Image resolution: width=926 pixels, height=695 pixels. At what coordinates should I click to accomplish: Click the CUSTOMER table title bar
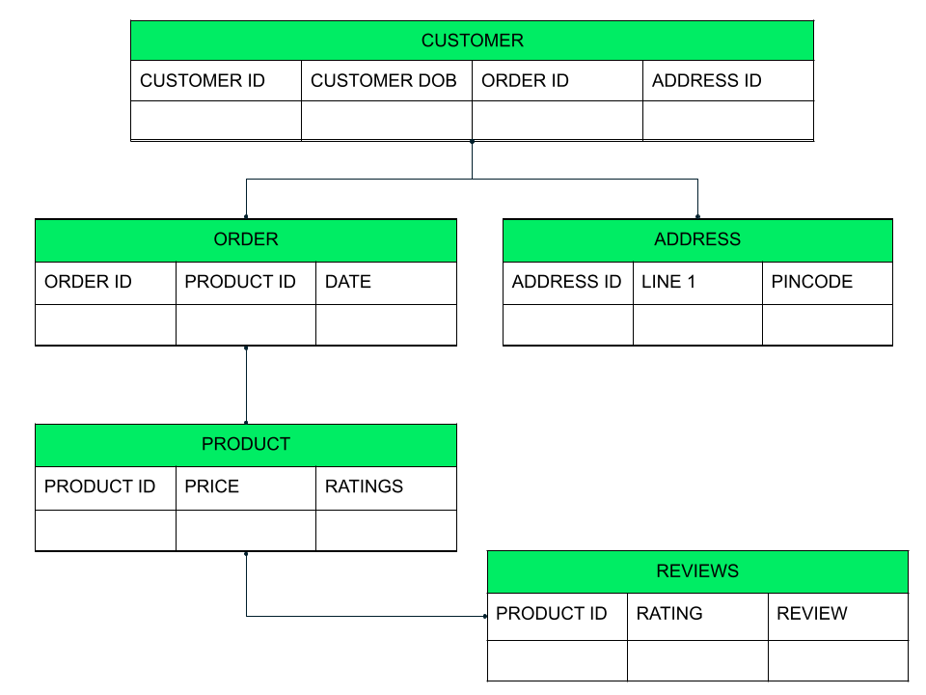pyautogui.click(x=472, y=41)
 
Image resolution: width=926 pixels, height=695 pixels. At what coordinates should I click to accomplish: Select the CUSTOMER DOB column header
pyautogui.click(x=386, y=81)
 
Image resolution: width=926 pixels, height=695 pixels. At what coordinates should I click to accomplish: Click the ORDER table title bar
pyautogui.click(x=246, y=240)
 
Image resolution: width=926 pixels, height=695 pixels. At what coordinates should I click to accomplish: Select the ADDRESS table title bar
pyautogui.click(x=697, y=240)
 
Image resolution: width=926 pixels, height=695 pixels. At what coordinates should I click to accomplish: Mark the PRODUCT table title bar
pyautogui.click(x=246, y=445)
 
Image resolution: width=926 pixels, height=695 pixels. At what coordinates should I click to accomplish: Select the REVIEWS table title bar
pyautogui.click(x=697, y=571)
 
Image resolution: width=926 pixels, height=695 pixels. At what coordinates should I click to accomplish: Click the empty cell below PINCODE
pyautogui.click(x=827, y=325)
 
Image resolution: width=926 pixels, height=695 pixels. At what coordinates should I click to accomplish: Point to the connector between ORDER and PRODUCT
pyautogui.click(x=246, y=385)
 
